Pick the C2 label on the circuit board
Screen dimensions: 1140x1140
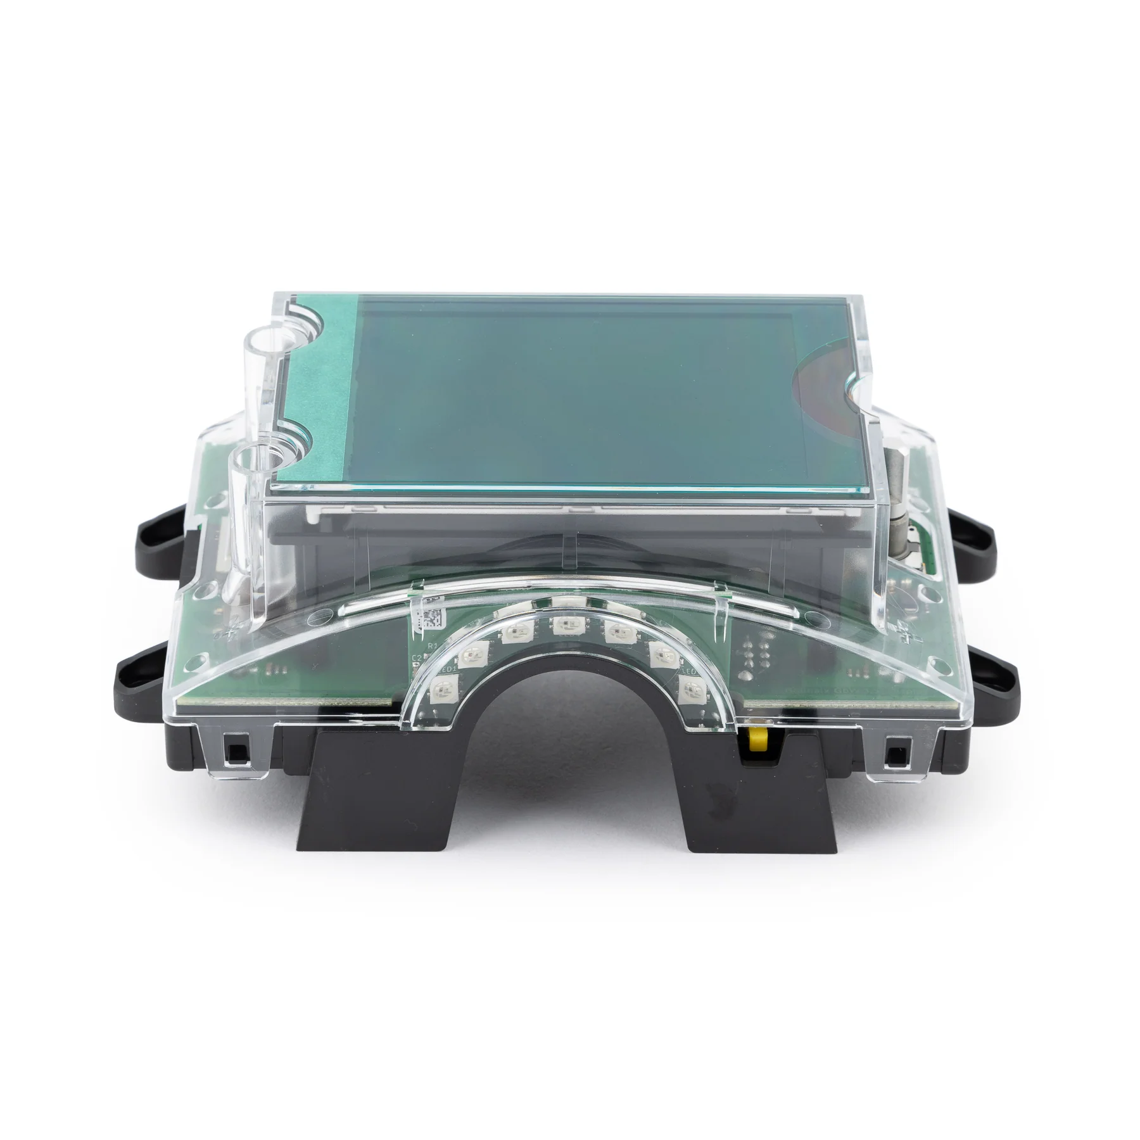click(x=417, y=659)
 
